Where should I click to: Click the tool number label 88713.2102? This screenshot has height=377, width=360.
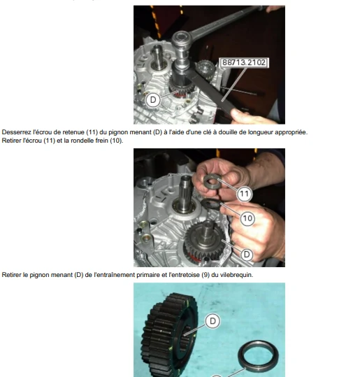[x=244, y=63]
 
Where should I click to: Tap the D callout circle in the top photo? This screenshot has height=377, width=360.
[x=153, y=100]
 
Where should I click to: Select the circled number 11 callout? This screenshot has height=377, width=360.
[x=244, y=194]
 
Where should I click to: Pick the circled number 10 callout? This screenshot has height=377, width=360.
[x=247, y=218]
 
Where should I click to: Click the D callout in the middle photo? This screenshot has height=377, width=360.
[x=247, y=255]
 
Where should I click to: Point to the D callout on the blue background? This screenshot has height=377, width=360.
[x=213, y=321]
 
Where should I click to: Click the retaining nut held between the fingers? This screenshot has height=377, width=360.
[x=212, y=182]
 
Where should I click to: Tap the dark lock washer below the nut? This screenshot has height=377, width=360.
[x=211, y=204]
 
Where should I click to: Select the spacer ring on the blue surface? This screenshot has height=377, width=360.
[x=258, y=356]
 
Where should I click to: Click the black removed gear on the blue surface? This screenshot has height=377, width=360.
[x=170, y=334]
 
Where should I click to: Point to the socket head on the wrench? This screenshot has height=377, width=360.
[x=181, y=39]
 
